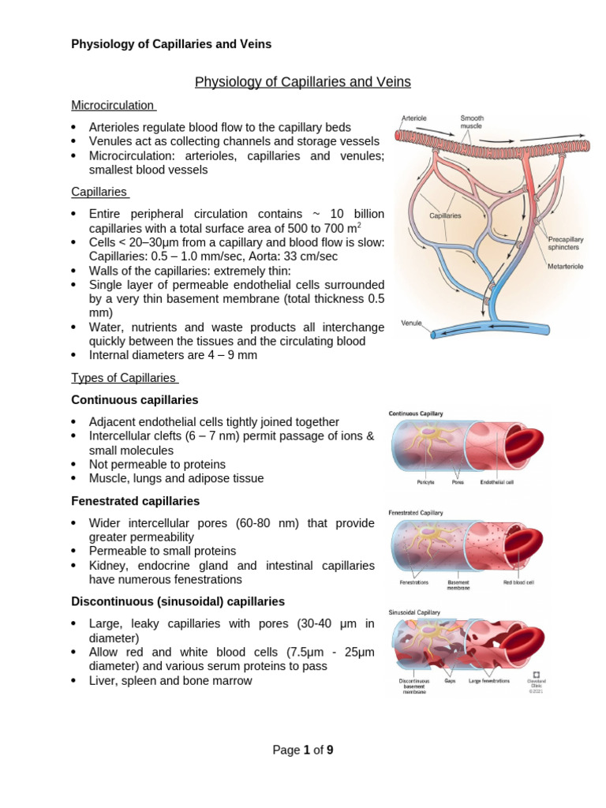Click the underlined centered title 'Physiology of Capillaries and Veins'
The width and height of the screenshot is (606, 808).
(302, 82)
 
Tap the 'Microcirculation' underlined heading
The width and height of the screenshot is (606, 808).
(114, 105)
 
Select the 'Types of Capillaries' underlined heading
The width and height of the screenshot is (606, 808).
(124, 378)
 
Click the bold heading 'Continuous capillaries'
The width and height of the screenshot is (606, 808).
(135, 400)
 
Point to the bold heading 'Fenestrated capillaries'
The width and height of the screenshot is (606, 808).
(136, 501)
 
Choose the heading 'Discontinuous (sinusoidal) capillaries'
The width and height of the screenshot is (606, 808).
(178, 601)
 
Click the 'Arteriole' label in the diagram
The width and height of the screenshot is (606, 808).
(414, 118)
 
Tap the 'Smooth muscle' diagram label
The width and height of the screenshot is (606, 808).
(472, 122)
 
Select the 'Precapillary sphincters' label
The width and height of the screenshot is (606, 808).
(566, 243)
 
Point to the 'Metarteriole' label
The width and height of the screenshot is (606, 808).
(566, 267)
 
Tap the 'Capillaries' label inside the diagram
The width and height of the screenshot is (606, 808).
(446, 215)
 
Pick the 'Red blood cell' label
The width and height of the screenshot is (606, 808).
(518, 582)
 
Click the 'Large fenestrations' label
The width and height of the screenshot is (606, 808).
(489, 680)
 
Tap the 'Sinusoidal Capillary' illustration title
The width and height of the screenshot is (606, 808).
(415, 612)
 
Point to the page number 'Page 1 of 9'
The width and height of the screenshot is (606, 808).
(303, 750)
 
